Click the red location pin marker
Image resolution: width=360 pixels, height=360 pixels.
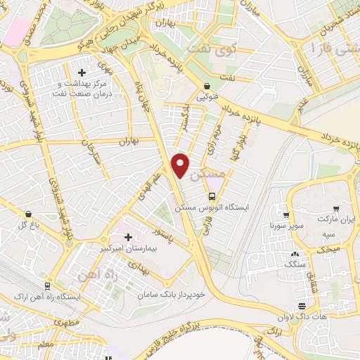181,164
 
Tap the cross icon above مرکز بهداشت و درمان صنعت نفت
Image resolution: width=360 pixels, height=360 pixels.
82,72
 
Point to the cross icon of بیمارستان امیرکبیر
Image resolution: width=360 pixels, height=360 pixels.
127,237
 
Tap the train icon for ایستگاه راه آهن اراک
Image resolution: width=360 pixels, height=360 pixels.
47,286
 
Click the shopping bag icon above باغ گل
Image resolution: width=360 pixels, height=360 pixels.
28,213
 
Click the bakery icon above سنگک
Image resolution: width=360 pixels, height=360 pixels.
295,254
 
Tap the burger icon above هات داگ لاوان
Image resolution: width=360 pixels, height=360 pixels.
301,306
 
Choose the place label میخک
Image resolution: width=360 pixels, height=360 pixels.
329,249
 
